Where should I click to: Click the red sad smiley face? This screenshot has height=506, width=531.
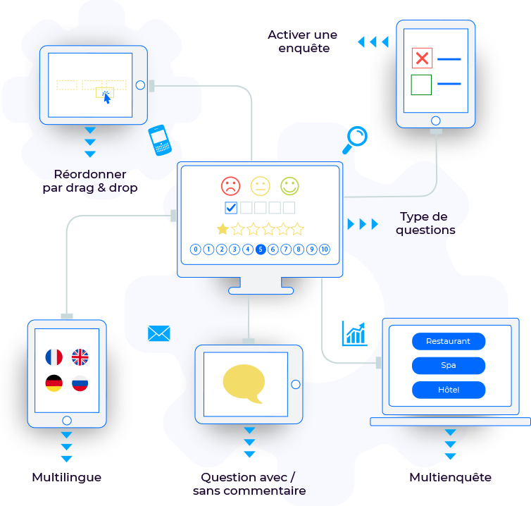(230, 186)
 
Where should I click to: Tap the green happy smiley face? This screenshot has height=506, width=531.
(289, 186)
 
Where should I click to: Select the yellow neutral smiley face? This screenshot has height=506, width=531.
(260, 186)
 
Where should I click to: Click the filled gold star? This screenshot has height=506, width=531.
(223, 228)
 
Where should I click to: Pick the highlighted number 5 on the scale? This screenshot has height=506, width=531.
(261, 249)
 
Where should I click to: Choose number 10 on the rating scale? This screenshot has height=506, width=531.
(325, 249)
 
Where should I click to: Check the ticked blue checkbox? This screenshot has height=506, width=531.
(231, 207)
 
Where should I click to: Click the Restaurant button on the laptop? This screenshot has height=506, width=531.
(448, 341)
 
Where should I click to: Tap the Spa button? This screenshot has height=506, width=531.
(448, 366)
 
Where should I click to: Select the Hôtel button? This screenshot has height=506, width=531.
(448, 390)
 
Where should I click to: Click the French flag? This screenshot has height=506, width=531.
(54, 357)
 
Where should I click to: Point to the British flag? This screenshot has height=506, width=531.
(80, 357)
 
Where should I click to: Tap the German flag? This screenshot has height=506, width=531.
(54, 383)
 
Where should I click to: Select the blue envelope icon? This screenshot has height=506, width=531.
(159, 333)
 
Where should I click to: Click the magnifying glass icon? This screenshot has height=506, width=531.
(356, 138)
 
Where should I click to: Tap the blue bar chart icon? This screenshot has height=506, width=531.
(354, 333)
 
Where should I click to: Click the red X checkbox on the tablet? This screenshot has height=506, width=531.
(421, 58)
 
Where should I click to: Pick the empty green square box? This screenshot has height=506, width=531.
(421, 85)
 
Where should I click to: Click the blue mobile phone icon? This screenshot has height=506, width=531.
(160, 140)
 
